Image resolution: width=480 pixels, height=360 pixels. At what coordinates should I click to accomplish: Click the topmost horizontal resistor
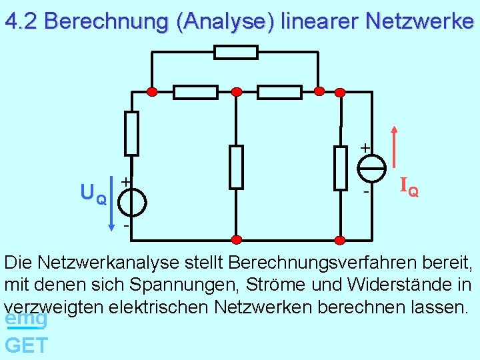pos(236,52)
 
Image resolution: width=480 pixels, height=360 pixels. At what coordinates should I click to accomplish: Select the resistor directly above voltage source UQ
pos(132,133)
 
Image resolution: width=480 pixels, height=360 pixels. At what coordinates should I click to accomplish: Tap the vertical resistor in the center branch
pos(235,167)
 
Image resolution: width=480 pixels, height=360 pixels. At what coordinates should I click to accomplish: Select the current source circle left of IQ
pos(372,166)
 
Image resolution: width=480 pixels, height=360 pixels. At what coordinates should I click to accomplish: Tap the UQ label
pos(93,195)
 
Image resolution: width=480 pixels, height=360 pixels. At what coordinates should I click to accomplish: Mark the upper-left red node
pos(153,91)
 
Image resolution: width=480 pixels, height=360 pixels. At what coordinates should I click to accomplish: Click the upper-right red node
pos(319,91)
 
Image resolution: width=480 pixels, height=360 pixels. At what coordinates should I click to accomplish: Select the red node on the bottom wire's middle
pos(235,239)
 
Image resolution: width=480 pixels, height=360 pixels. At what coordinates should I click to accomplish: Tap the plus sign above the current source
pos(365,146)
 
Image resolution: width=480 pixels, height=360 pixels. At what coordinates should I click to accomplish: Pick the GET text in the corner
pos(26,345)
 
